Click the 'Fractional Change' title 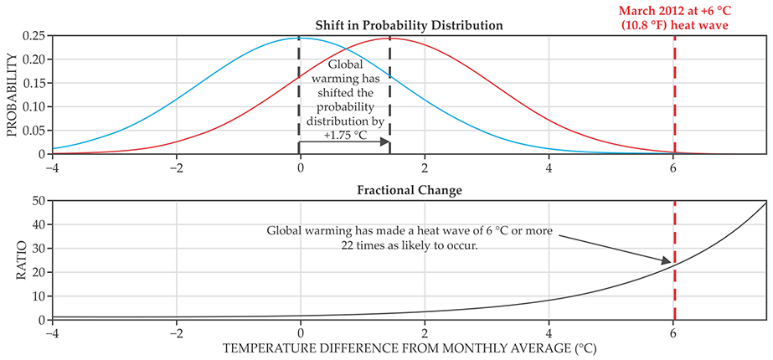tap(409, 190)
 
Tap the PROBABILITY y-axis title tap(12, 95)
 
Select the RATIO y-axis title tap(12, 260)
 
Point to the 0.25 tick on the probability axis tap(33, 38)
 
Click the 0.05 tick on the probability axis tap(33, 131)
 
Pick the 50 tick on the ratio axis tap(38, 202)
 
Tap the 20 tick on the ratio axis tap(38, 273)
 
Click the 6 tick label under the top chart tap(673, 165)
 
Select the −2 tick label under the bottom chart tap(174, 331)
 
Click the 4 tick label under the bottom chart tap(549, 331)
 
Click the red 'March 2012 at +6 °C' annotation tap(674, 17)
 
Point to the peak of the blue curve tap(300, 39)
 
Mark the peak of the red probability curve tap(390, 39)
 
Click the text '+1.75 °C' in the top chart tap(349, 134)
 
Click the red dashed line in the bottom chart tap(674, 285)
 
